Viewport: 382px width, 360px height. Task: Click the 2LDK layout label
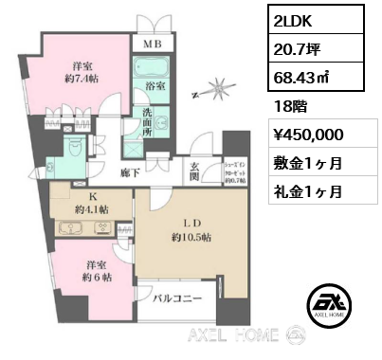click(295, 21)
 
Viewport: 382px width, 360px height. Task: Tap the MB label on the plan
click(151, 44)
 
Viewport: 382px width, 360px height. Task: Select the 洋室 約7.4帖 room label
click(82, 75)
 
